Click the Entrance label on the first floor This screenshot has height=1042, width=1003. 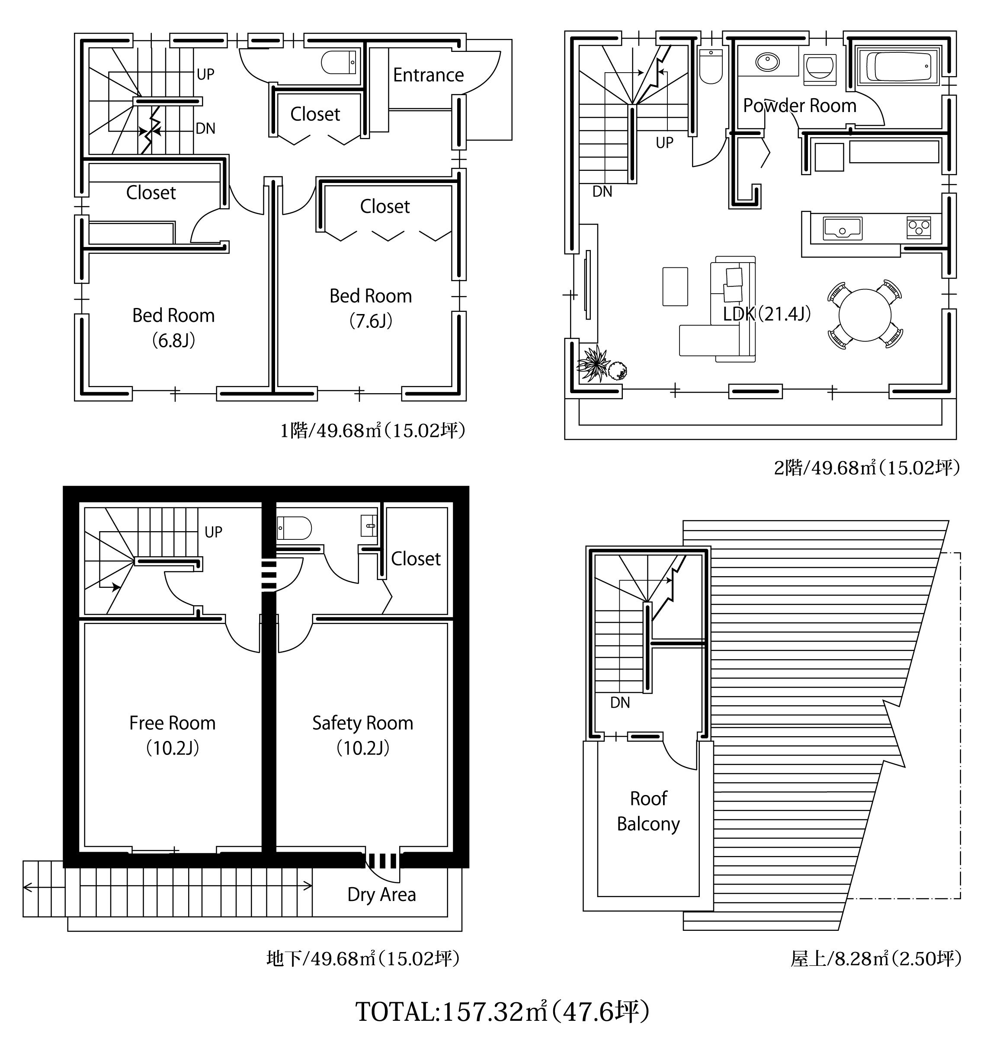pos(428,75)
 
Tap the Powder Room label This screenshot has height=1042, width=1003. pos(799,106)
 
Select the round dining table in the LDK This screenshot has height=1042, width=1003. pos(865,315)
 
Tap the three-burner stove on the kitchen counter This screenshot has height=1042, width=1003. pos(919,228)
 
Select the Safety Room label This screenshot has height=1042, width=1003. pos(362,723)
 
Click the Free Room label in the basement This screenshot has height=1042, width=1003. pos(172,723)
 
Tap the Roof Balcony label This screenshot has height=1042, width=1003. pos(648,811)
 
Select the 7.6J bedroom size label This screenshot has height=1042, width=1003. pos(371,321)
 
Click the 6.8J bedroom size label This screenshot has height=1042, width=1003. pos(174,340)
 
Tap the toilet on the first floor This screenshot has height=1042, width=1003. pos(339,63)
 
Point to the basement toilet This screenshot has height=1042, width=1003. pos(294,528)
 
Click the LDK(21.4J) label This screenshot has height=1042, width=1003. pos(767,314)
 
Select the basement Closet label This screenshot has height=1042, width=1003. pos(416,559)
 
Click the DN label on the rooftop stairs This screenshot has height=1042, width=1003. pos(620,702)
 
